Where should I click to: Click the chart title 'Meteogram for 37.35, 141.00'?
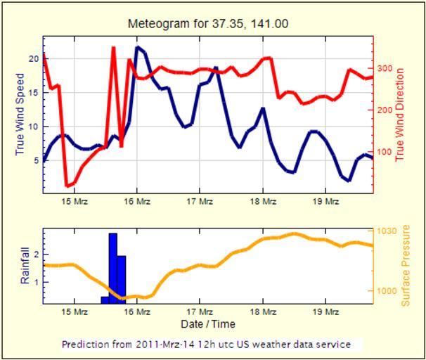tap(208, 23)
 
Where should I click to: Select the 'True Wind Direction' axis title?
tap(401, 115)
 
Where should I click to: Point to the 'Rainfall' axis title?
tap(25, 266)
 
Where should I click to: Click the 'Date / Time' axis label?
tap(207, 324)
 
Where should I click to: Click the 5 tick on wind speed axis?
tap(35, 160)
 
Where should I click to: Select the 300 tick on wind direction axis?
tap(383, 69)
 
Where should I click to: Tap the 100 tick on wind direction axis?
tap(383, 152)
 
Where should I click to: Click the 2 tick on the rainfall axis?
tap(35, 254)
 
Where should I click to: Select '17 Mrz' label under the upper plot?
tap(200, 202)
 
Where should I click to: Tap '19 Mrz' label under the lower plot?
tap(325, 311)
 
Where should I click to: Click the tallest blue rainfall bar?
tap(113, 267)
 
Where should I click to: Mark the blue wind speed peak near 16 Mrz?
tap(138, 48)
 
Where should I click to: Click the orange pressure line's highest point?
tap(294, 233)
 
